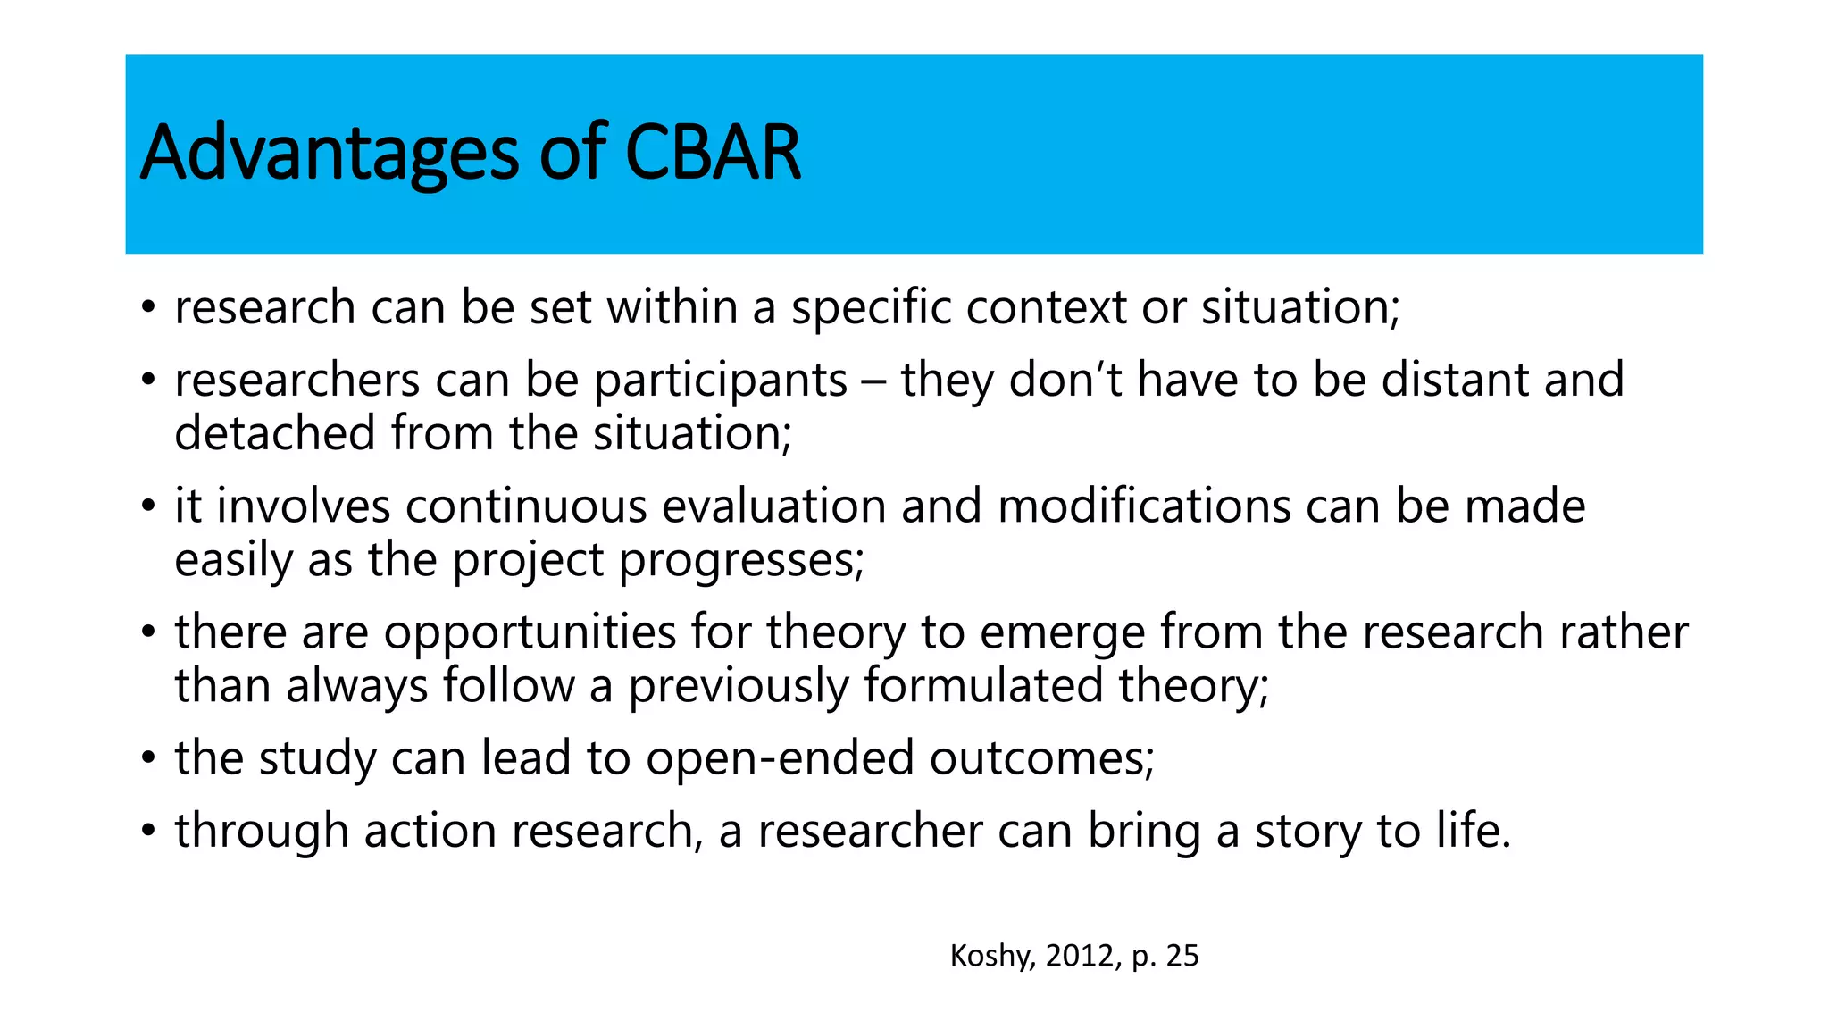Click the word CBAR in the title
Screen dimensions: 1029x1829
[712, 153]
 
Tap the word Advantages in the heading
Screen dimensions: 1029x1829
[329, 153]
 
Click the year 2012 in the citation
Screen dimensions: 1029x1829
[1081, 956]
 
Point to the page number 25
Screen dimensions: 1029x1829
[1182, 956]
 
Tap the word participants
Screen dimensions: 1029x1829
[720, 381]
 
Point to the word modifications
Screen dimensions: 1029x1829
[1143, 506]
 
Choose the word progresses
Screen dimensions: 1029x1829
[740, 561]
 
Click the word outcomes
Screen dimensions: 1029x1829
[1041, 758]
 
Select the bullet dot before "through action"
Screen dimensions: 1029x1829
[148, 832]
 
